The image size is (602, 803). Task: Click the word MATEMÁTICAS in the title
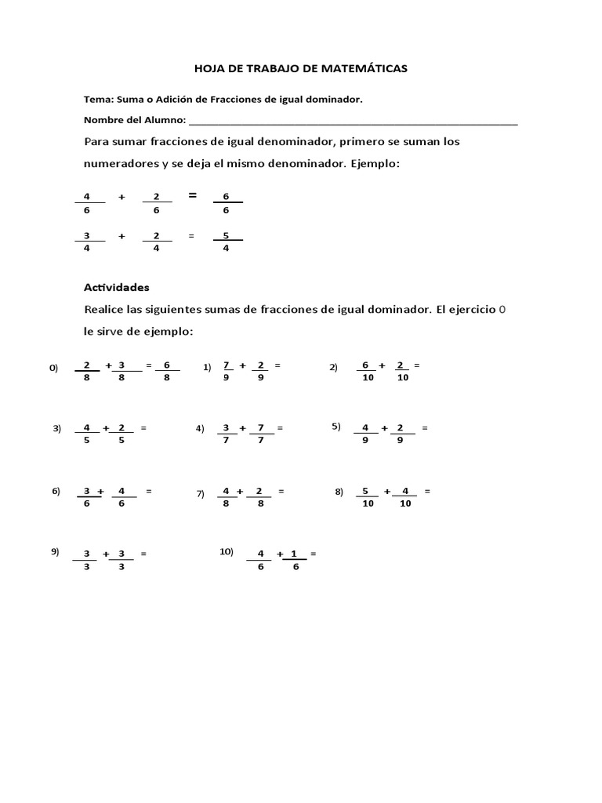(366, 69)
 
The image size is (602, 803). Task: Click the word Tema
(97, 100)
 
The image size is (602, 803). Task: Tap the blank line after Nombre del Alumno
(353, 121)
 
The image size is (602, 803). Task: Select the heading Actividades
(116, 287)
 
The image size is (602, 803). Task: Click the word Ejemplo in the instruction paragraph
(375, 164)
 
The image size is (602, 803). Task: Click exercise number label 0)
(54, 367)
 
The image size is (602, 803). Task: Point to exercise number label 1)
(208, 366)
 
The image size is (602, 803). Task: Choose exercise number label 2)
(333, 367)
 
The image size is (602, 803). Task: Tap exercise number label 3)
(56, 428)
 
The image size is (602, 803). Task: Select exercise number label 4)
(200, 428)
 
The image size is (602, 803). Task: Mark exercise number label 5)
(335, 426)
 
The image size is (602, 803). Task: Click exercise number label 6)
(56, 491)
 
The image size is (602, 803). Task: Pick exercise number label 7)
(201, 493)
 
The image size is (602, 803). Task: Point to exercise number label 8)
(339, 492)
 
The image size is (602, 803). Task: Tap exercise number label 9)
(56, 551)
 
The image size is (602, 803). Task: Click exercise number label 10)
(227, 551)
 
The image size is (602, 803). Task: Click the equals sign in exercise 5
(425, 427)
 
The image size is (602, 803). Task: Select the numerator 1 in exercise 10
(294, 554)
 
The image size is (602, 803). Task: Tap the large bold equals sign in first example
(193, 195)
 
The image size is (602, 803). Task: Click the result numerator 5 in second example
(227, 235)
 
